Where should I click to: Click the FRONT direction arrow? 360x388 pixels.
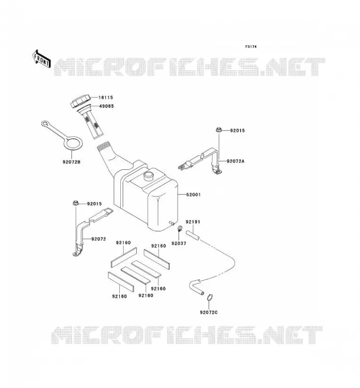[x=42, y=59]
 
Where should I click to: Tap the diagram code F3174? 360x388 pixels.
[x=251, y=47]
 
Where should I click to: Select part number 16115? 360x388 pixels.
[x=106, y=97]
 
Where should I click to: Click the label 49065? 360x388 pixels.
[x=106, y=106]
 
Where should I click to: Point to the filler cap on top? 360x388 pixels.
[x=80, y=102]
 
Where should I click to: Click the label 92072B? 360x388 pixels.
[x=71, y=162]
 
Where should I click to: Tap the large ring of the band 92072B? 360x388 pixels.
[x=73, y=143]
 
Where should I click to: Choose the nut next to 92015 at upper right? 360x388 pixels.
[x=218, y=129]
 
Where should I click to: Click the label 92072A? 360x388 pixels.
[x=235, y=161]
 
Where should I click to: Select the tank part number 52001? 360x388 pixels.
[x=194, y=195]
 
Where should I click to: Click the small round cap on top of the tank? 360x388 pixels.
[x=149, y=176]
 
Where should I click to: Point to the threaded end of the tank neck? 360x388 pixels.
[x=103, y=146]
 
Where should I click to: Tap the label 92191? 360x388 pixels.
[x=193, y=222]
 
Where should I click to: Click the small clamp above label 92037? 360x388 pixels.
[x=180, y=228]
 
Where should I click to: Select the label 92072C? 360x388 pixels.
[x=209, y=312]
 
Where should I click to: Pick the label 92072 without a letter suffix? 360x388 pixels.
[x=98, y=239]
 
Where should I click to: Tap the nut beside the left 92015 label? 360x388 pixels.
[x=76, y=203]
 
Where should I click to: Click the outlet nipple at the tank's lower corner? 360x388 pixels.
[x=171, y=223]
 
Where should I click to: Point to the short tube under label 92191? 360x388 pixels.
[x=193, y=235]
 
